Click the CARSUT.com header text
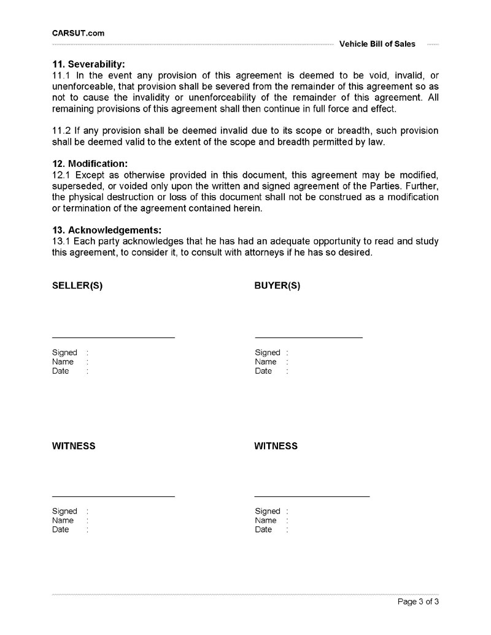78,33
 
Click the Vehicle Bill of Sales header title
377,44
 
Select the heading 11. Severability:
88,64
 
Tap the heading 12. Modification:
90,164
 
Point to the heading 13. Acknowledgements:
107,231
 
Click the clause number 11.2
61,131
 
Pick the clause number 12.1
61,174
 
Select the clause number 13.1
61,242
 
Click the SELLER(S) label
77,286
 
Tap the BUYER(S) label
277,286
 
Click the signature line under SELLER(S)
114,337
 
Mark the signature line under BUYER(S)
309,337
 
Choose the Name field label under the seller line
63,362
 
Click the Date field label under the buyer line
263,371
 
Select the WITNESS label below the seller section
74,446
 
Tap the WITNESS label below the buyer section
276,446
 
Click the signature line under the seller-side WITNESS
114,496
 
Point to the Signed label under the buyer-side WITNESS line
268,511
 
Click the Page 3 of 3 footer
418,602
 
